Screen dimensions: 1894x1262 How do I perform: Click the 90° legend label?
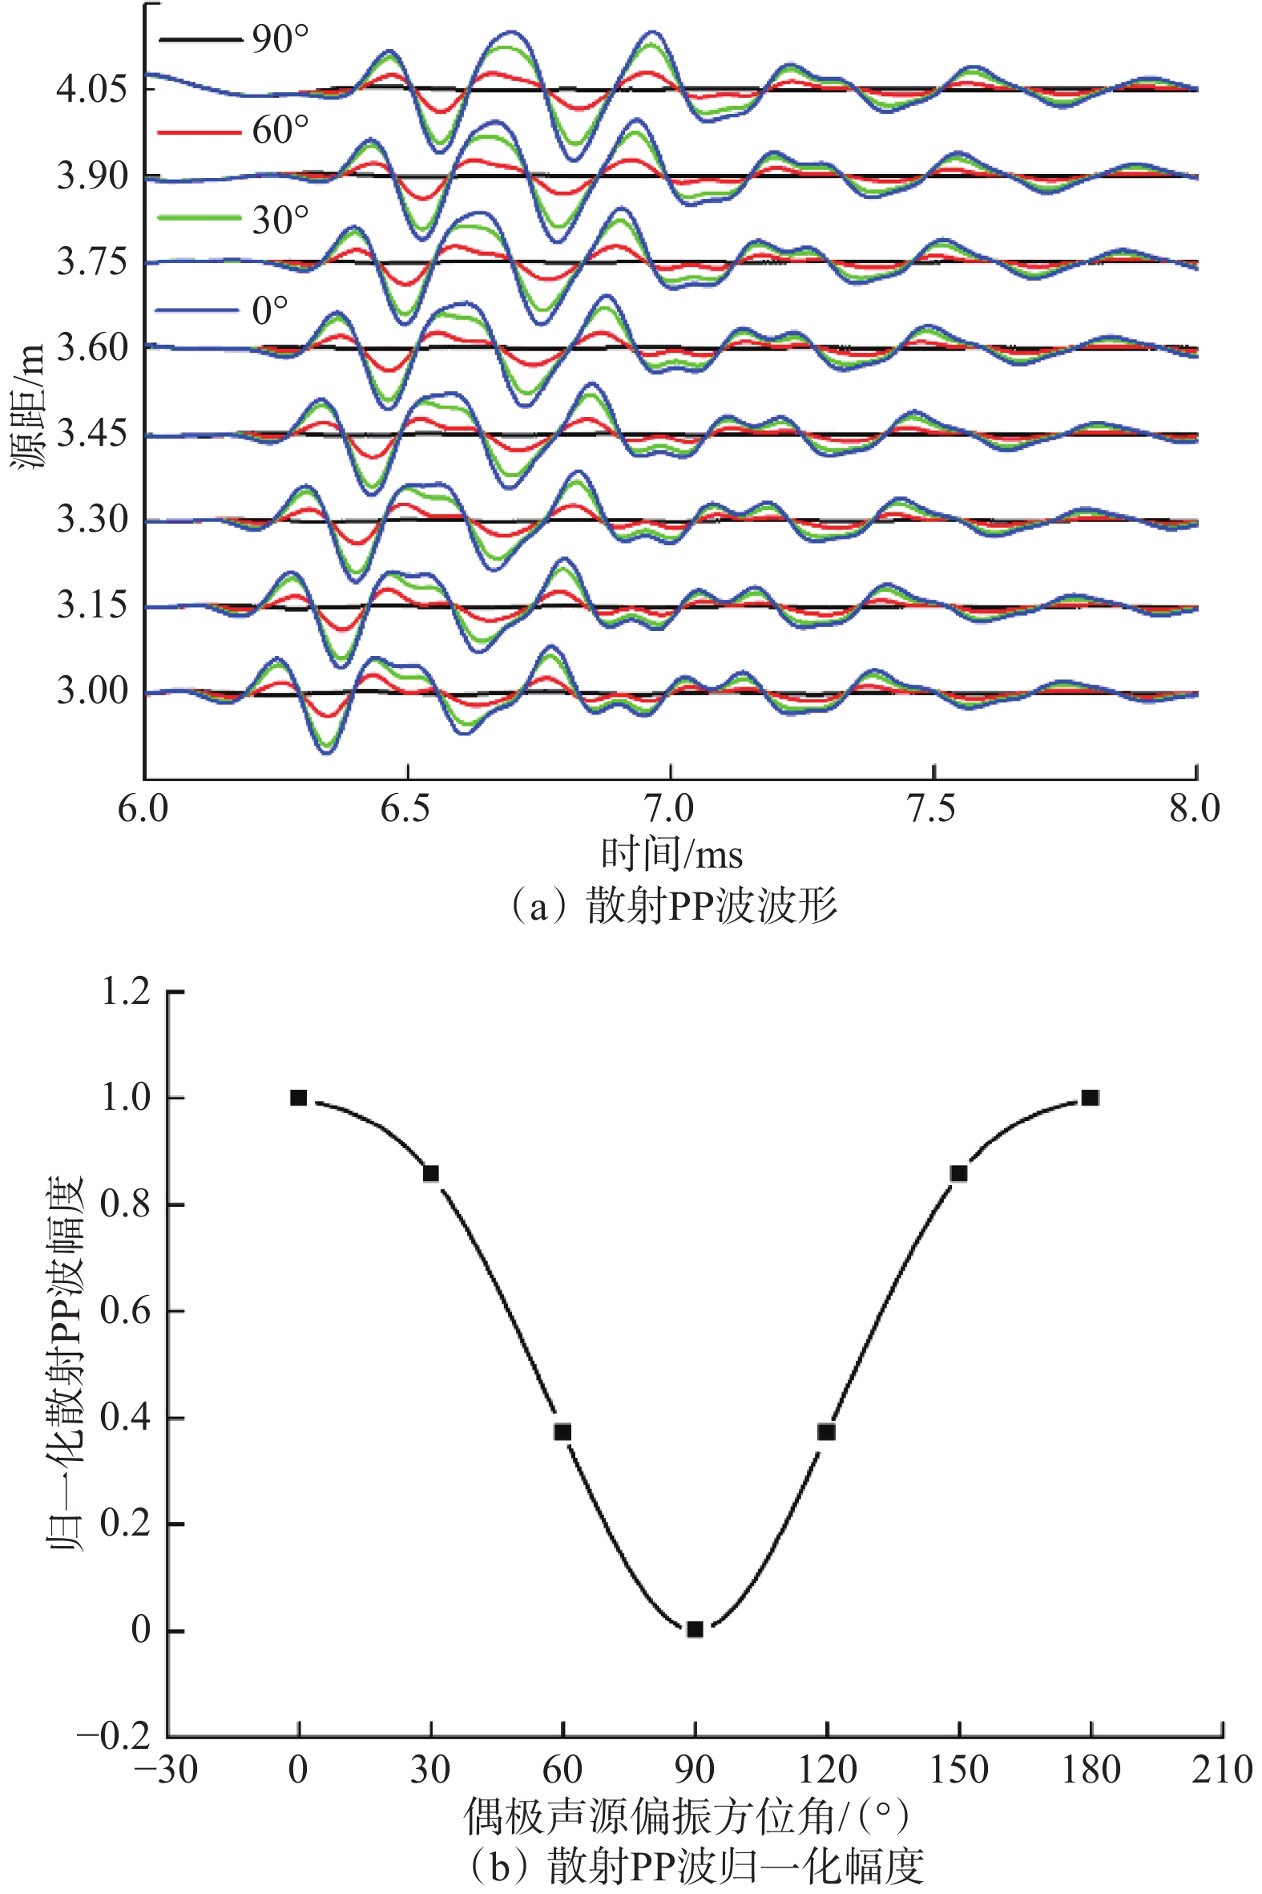pyautogui.click(x=280, y=39)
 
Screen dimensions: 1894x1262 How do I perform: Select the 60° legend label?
pyautogui.click(x=280, y=131)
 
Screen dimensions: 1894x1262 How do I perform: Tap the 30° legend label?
pyautogui.click(x=280, y=221)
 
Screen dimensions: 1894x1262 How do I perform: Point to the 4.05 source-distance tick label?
pyautogui.click(x=92, y=88)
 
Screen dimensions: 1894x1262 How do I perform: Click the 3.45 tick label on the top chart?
pyautogui.click(x=92, y=434)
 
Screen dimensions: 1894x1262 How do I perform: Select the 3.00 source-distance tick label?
pyautogui.click(x=92, y=692)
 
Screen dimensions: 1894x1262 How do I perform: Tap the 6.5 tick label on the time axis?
pyautogui.click(x=407, y=808)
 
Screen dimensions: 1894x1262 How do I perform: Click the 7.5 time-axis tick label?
pyautogui.click(x=933, y=808)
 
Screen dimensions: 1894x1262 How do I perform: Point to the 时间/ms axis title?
pyautogui.click(x=671, y=855)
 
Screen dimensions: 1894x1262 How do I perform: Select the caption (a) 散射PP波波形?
pyautogui.click(x=671, y=906)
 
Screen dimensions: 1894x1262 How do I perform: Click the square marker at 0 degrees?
pyautogui.click(x=299, y=1098)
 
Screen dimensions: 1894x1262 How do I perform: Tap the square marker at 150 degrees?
pyautogui.click(x=958, y=1174)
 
